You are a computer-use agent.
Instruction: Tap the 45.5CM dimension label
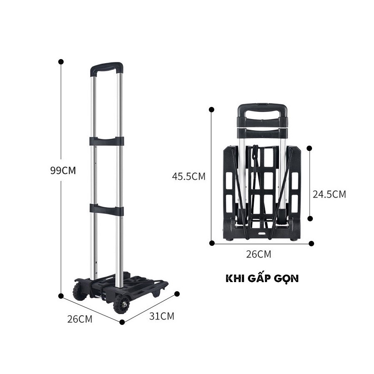click(189, 176)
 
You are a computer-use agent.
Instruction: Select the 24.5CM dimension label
click(329, 194)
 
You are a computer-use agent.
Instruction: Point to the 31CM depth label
click(162, 316)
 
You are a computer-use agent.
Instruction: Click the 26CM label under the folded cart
click(258, 254)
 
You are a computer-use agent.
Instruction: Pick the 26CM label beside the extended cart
click(80, 319)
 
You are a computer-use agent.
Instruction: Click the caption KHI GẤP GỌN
click(262, 279)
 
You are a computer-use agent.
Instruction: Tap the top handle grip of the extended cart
click(107, 67)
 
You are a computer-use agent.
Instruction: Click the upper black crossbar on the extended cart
click(107, 141)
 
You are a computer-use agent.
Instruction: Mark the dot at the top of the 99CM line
click(61, 62)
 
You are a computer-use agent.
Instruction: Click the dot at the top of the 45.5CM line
click(212, 110)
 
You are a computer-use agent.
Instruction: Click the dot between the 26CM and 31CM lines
click(122, 322)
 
